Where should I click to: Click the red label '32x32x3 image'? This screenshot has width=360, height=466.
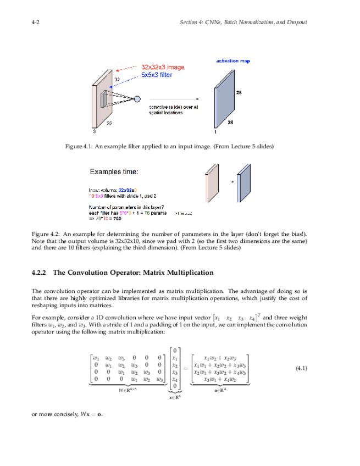coord(163,67)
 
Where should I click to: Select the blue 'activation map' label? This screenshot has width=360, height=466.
coord(232,61)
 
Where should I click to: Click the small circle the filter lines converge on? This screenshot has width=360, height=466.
coord(137,99)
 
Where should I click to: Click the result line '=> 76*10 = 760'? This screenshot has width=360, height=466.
coord(106,218)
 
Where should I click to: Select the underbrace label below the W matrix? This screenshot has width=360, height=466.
coord(127,390)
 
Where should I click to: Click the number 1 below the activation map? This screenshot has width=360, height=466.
coord(215,132)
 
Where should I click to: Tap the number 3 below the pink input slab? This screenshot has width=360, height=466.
coord(93,132)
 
